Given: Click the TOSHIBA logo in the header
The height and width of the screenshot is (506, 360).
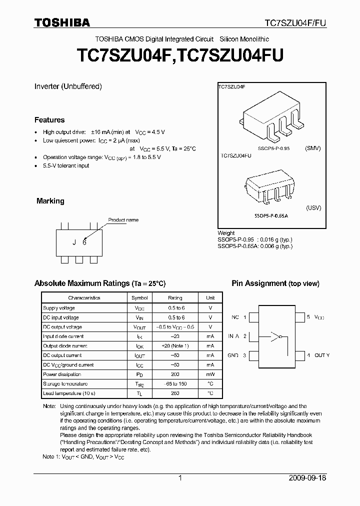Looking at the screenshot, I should (x=62, y=22).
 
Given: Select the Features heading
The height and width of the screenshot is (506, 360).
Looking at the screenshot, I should (x=49, y=120).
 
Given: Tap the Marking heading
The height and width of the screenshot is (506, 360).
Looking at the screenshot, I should (x=50, y=201).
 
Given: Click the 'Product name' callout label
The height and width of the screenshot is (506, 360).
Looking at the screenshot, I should (x=123, y=220).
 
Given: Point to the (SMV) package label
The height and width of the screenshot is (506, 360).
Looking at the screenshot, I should (x=312, y=148).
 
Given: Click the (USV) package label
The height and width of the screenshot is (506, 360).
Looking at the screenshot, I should (x=313, y=208).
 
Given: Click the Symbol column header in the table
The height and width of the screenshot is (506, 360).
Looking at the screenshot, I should (x=139, y=298).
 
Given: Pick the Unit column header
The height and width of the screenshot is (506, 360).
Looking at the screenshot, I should (x=210, y=298).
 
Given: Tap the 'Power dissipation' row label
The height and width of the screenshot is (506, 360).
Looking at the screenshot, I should (x=62, y=374).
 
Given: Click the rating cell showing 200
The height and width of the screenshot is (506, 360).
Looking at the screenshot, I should (x=175, y=374).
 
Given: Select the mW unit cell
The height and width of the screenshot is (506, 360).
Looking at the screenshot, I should (x=210, y=374).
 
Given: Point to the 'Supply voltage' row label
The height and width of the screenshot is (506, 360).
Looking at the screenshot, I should (x=59, y=308).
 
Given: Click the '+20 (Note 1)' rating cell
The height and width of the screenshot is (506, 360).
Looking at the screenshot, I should (x=175, y=345).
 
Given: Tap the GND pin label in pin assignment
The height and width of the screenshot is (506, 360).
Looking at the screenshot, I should (x=233, y=355).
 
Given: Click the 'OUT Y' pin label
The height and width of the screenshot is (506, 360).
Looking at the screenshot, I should (x=322, y=355).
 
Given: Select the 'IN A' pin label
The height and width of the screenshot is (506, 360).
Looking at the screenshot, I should (x=233, y=336).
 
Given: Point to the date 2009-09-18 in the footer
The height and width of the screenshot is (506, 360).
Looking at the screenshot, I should (x=307, y=478).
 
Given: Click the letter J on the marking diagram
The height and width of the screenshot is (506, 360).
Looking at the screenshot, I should (x=74, y=242).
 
